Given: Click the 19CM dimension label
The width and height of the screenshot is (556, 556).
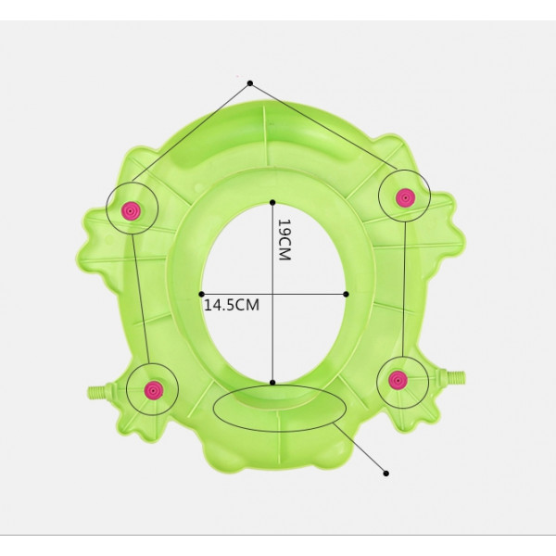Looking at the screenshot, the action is click(284, 240).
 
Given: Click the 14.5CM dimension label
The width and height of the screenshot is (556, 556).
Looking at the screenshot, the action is click(232, 305).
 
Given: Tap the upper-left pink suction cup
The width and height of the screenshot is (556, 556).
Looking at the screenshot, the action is click(131, 211).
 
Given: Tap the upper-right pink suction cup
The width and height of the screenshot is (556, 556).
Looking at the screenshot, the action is click(405, 197).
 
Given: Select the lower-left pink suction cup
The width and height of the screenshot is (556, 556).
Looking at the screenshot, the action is click(154, 390).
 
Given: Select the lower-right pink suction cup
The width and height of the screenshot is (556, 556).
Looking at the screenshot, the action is click(398, 380).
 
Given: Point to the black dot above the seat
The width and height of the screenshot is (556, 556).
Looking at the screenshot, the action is click(250, 83).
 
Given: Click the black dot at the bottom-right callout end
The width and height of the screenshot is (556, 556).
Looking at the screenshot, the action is click(386, 473).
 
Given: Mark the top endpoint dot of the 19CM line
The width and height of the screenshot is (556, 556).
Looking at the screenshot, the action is click(272, 202).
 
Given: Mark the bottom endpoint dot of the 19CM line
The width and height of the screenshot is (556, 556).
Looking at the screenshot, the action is click(272, 382).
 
